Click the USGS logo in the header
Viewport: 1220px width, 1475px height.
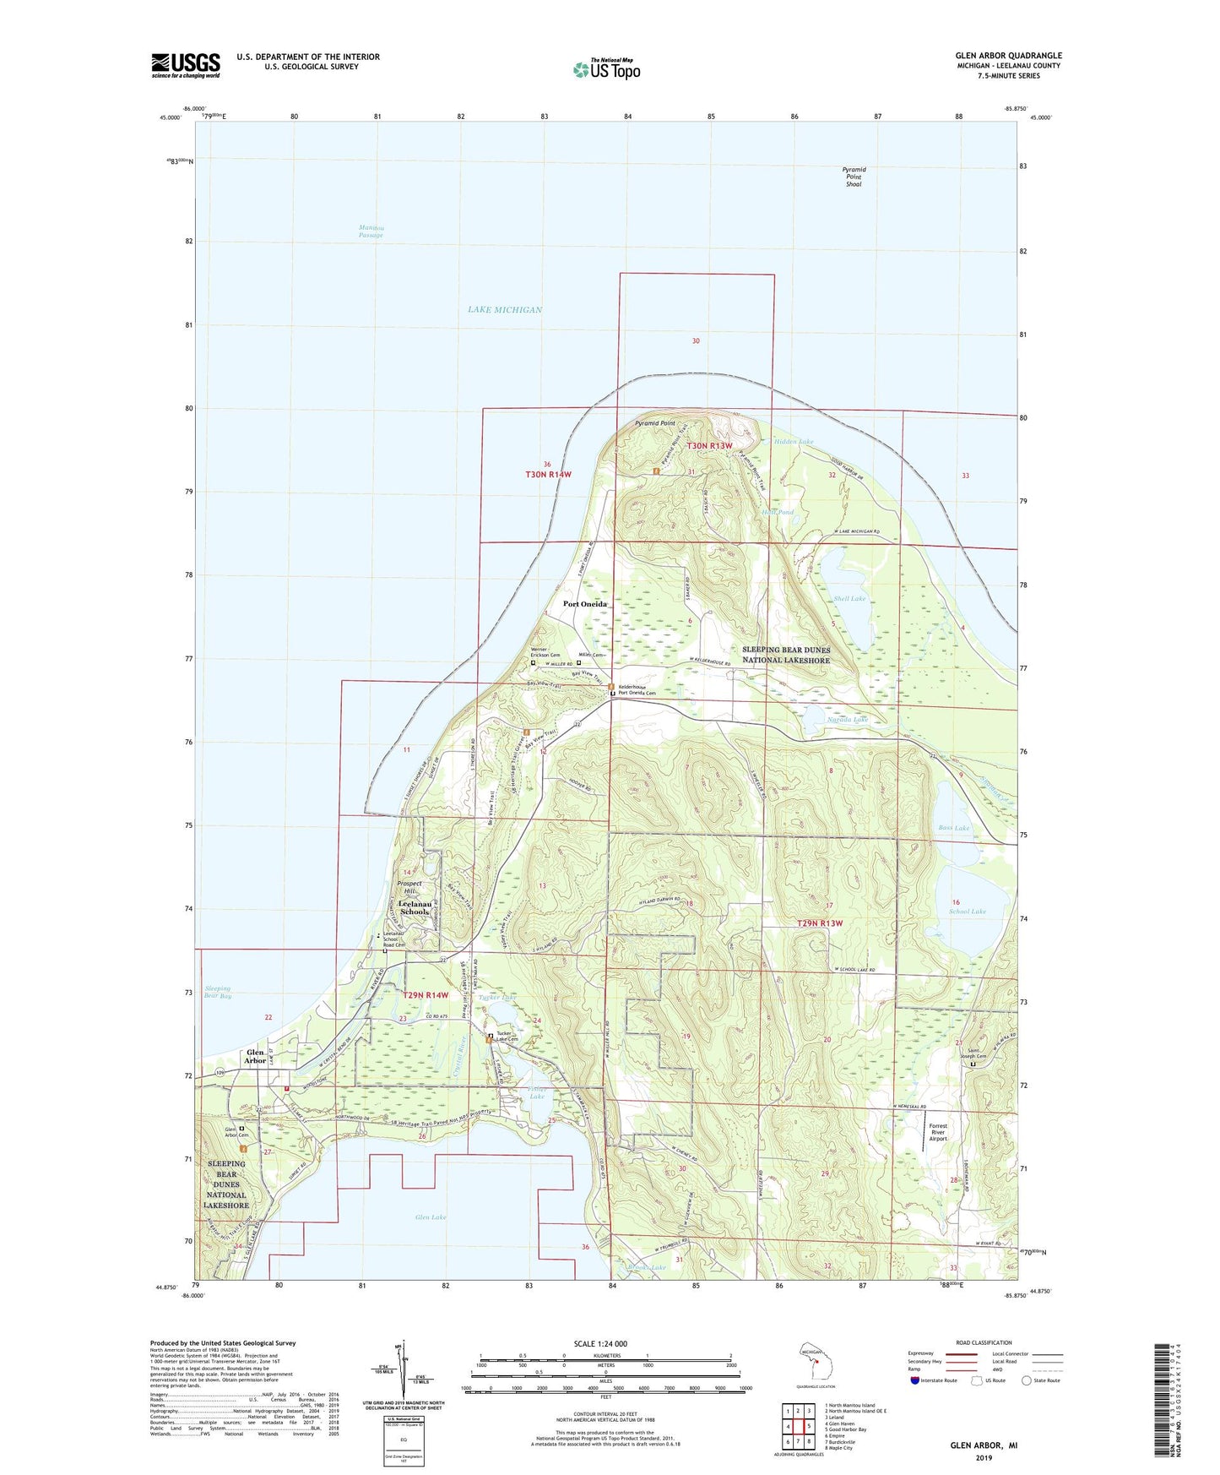185,65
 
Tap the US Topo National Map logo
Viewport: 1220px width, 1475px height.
605,68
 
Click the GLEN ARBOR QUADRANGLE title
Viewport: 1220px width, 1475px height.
1008,56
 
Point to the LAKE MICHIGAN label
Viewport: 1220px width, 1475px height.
505,310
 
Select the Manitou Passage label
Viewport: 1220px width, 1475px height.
371,231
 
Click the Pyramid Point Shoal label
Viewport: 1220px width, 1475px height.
854,177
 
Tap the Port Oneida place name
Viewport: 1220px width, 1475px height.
585,605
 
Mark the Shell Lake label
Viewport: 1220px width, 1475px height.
849,599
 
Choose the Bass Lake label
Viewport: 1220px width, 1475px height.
954,828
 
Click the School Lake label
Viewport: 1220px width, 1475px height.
967,912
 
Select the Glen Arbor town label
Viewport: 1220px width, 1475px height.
255,1057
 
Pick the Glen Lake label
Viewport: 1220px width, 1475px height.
431,1217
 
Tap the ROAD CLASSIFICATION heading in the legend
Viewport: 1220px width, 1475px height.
984,1342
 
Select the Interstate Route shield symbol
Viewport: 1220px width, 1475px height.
915,1380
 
